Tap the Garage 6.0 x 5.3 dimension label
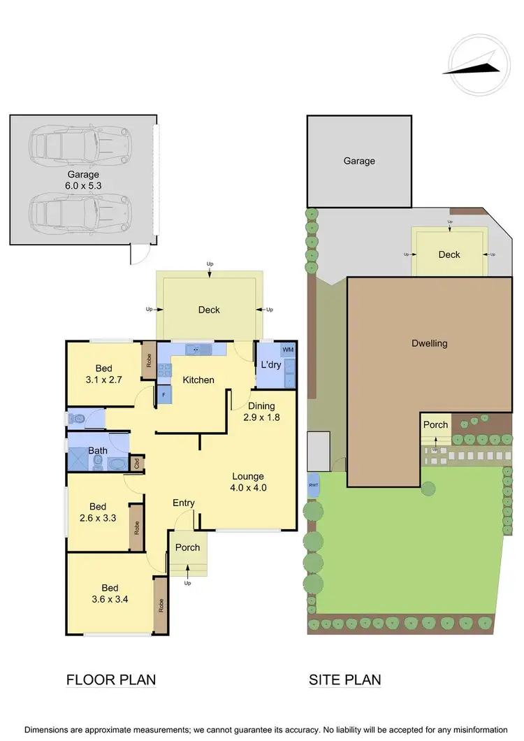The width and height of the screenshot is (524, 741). [x=83, y=180]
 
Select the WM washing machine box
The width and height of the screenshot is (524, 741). [x=287, y=349]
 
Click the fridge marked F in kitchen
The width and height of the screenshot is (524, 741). [x=163, y=395]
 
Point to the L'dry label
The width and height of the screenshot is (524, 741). [x=270, y=365]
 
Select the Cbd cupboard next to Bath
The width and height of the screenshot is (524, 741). [x=138, y=462]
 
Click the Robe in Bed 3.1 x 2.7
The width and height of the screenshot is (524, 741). [x=149, y=361]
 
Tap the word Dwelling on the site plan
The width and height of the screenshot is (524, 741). [x=430, y=343]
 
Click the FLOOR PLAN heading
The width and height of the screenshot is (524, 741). [x=110, y=679]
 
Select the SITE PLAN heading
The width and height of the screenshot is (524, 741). [x=346, y=679]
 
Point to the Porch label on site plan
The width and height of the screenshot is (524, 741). [x=436, y=425]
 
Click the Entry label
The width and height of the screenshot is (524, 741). [x=184, y=503]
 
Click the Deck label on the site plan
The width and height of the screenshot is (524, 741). [x=449, y=254]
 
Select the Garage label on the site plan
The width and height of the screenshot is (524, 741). [x=359, y=161]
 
